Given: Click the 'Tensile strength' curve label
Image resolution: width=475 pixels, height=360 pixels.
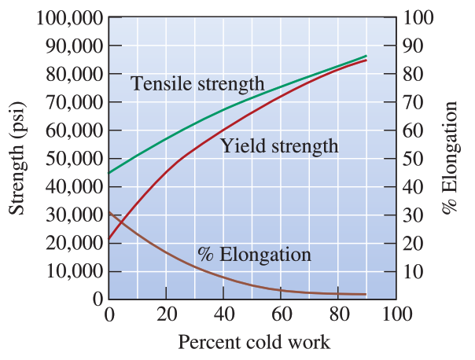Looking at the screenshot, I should pyautogui.click(x=197, y=83).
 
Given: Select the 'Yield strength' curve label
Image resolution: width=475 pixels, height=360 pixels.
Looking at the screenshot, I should pyautogui.click(x=279, y=145).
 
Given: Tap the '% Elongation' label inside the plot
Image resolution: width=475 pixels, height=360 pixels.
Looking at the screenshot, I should pyautogui.click(x=254, y=255).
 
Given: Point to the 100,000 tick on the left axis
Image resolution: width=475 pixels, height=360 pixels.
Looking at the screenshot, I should pyautogui.click(x=69, y=18).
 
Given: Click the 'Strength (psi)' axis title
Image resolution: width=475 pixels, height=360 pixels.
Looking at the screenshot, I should pyautogui.click(x=17, y=158).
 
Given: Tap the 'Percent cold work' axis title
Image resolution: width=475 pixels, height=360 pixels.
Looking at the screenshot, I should pyautogui.click(x=253, y=343).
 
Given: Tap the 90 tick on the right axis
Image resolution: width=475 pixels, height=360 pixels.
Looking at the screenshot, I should pyautogui.click(x=413, y=46).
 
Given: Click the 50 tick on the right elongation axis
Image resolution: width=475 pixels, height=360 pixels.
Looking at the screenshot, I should pyautogui.click(x=413, y=159).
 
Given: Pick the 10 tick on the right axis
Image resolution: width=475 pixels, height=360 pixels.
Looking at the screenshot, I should pyautogui.click(x=413, y=272).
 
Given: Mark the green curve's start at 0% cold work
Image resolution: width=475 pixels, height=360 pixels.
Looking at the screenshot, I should pyautogui.click(x=109, y=173).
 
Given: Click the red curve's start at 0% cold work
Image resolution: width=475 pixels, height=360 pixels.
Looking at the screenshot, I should pyautogui.click(x=109, y=239).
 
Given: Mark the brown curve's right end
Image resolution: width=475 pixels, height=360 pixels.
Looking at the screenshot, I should pyautogui.click(x=366, y=294).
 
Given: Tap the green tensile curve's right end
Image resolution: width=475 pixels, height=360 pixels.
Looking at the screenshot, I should pyautogui.click(x=366, y=56).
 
